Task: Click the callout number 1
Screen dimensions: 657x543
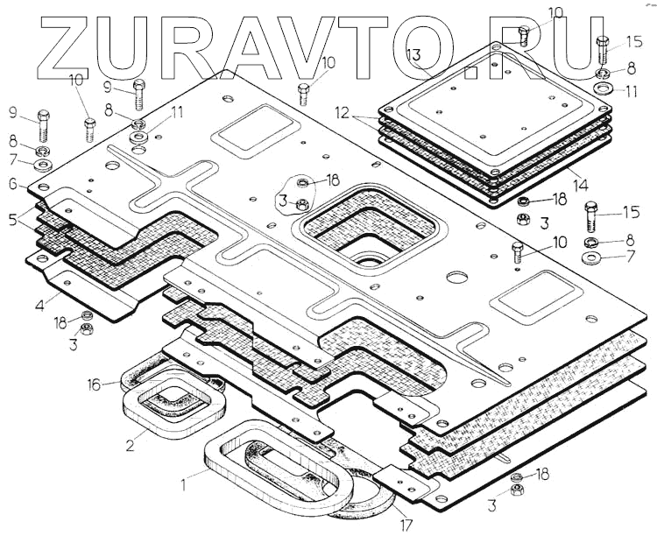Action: pyautogui.click(x=184, y=481)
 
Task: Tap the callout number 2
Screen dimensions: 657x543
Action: pyautogui.click(x=130, y=445)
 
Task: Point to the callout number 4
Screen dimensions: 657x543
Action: pyautogui.click(x=40, y=307)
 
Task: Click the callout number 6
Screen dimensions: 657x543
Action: pyautogui.click(x=12, y=185)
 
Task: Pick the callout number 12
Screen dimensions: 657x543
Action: pyautogui.click(x=343, y=113)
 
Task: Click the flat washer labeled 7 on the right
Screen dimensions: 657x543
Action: pyautogui.click(x=590, y=259)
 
